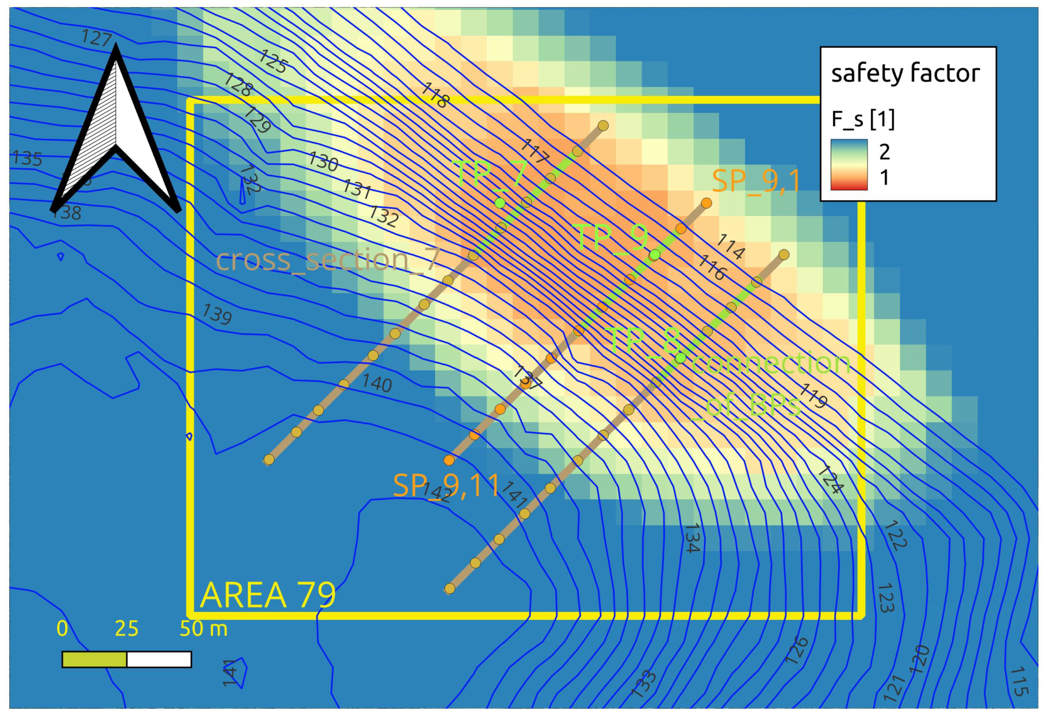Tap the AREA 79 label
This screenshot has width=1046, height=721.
point(268,595)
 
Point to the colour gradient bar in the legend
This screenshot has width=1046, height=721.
point(849,164)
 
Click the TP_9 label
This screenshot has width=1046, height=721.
point(613,238)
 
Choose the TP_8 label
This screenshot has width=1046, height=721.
point(644,341)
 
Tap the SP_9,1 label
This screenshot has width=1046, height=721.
point(756,181)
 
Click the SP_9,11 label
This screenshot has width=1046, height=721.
point(446,486)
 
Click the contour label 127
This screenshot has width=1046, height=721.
point(96,38)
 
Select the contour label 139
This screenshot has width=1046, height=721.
point(217,314)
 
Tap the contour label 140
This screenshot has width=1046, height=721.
point(377,384)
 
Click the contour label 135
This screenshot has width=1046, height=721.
point(27,158)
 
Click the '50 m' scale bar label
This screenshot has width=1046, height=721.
point(203,629)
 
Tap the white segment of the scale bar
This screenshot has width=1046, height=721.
point(159,660)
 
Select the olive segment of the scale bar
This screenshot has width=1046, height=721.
point(94,660)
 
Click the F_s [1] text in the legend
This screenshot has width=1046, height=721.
point(863,120)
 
